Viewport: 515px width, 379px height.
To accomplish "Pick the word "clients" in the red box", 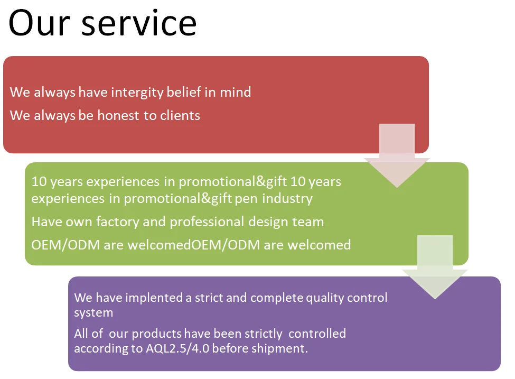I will coord(180,115).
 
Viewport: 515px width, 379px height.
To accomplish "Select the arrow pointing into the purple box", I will coord(435,266).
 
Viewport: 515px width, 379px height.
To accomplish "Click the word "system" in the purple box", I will coord(93,312).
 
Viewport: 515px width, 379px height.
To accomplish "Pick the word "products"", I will coord(157,334).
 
